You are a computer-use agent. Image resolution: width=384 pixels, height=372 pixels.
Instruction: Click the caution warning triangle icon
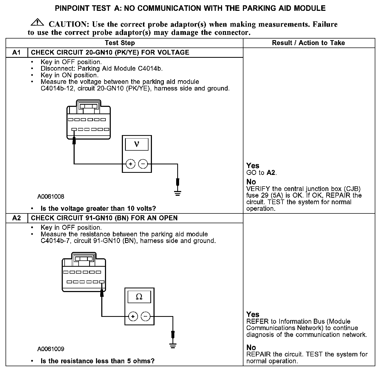[x=37, y=23]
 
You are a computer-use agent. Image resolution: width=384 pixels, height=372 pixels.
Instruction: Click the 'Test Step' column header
[x=120, y=43]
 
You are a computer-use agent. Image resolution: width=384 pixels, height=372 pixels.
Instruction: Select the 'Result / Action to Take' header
[x=308, y=43]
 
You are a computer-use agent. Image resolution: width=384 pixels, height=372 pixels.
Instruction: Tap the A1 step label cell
[x=16, y=53]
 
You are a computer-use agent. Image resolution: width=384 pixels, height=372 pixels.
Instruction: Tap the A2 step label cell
[x=16, y=218]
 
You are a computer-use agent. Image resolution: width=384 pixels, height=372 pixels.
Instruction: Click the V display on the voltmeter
[x=137, y=144]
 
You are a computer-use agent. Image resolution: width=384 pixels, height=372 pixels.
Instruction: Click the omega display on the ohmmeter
[x=139, y=297]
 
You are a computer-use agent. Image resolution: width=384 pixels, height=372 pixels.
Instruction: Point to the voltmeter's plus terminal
[x=130, y=164]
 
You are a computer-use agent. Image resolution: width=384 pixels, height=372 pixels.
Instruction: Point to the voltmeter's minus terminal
[x=143, y=164]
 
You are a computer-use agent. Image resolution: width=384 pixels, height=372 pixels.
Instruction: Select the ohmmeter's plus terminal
[x=133, y=316]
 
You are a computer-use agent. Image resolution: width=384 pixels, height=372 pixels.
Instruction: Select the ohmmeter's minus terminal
[x=145, y=316]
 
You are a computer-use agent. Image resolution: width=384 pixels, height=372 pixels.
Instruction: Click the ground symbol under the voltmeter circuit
[x=177, y=194]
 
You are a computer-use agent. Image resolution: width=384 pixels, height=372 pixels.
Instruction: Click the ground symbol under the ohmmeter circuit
[x=173, y=346]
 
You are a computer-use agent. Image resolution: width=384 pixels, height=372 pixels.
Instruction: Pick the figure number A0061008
[x=51, y=197]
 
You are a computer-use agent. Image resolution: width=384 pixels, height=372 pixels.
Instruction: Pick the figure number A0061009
[x=51, y=349]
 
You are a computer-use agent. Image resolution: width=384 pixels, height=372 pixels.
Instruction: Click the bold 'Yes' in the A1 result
[x=253, y=166]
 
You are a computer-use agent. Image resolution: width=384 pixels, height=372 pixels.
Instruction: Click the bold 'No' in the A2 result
[x=251, y=347]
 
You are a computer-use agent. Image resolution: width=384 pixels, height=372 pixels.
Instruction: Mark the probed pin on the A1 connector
[x=74, y=130]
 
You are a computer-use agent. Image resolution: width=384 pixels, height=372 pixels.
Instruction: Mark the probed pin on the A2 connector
[x=102, y=282]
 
